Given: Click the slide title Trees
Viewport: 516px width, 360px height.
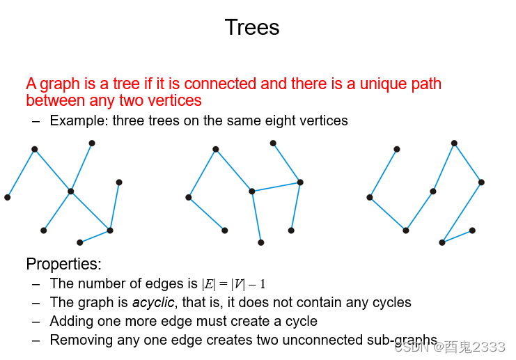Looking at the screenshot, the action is (252, 28).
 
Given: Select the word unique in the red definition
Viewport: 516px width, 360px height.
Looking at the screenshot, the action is (383, 84).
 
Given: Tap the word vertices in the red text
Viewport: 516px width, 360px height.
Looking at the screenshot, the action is (172, 101).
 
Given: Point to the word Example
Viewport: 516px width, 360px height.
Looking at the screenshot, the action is (77, 121).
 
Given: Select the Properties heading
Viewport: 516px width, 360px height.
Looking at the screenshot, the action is (63, 265).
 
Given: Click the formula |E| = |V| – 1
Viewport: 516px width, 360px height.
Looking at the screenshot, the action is (233, 284).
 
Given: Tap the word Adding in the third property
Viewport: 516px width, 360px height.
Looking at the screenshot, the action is (71, 322).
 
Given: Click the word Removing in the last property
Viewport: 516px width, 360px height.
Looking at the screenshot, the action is (79, 341).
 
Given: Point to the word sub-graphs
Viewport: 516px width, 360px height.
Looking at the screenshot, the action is (402, 341).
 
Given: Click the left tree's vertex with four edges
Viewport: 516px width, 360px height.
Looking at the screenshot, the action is (70, 191).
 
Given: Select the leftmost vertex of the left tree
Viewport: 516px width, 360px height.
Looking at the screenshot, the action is (8, 197).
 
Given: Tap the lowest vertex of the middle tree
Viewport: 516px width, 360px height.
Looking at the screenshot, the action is (261, 242).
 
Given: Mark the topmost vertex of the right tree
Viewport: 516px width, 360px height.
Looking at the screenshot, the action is (454, 143).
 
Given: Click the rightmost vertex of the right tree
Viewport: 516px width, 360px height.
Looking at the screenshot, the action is (481, 182).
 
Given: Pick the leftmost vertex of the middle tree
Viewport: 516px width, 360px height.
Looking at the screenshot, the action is (189, 197).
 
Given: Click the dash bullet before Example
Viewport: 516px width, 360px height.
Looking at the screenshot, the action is (36, 121).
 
